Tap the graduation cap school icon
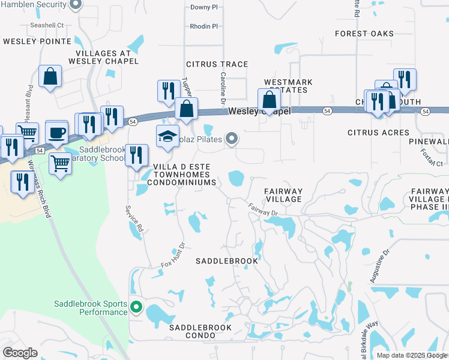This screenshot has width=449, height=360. [168, 136]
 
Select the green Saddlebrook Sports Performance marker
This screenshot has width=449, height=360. [136, 308]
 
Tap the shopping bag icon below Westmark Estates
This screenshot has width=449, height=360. [269, 99]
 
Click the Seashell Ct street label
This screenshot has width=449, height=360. [47, 25]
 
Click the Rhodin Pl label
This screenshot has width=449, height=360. [203, 26]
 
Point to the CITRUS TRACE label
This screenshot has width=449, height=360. [217, 64]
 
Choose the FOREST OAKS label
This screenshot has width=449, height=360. [364, 34]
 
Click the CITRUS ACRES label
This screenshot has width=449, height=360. [378, 131]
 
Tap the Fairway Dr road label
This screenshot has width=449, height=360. [264, 209]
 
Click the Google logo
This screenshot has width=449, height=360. [20, 353]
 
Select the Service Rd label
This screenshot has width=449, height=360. [135, 219]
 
